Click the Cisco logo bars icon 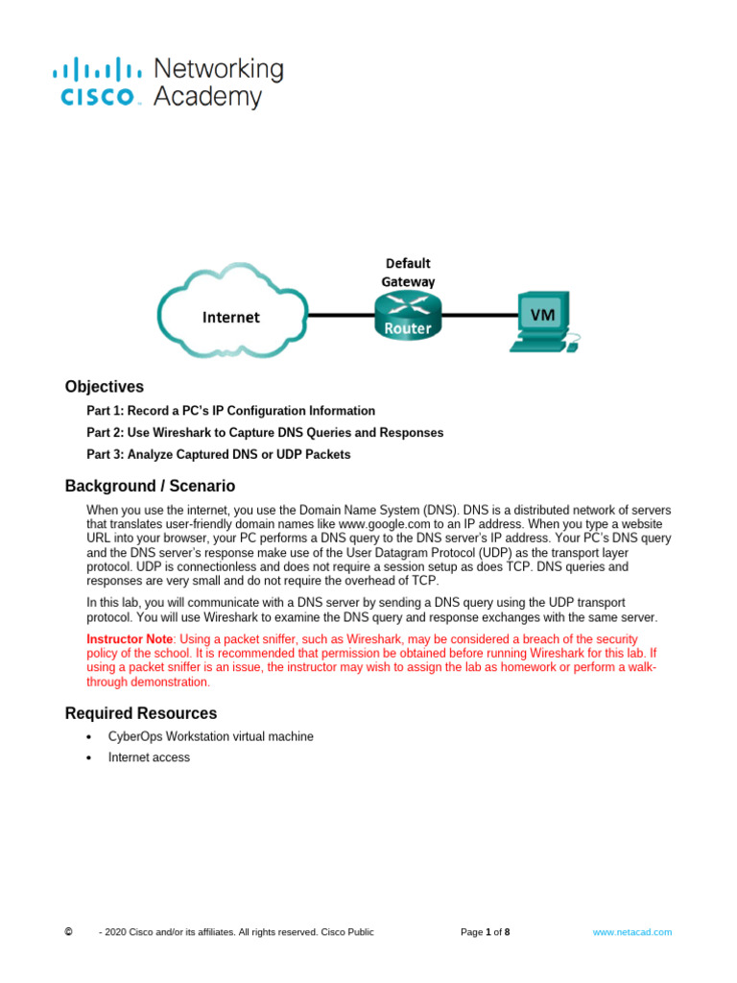click(x=95, y=69)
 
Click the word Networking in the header click(x=219, y=69)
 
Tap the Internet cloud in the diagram click(x=230, y=316)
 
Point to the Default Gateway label click(x=408, y=272)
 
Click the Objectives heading click(x=105, y=387)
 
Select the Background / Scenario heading click(x=150, y=486)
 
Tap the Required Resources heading click(x=141, y=713)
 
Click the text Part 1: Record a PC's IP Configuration click(x=230, y=411)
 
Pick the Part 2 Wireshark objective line click(x=265, y=433)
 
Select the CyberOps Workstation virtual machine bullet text click(x=210, y=736)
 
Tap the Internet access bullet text click(x=149, y=757)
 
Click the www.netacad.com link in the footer click(x=632, y=932)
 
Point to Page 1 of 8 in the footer click(x=485, y=932)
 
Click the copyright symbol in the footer click(x=68, y=932)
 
